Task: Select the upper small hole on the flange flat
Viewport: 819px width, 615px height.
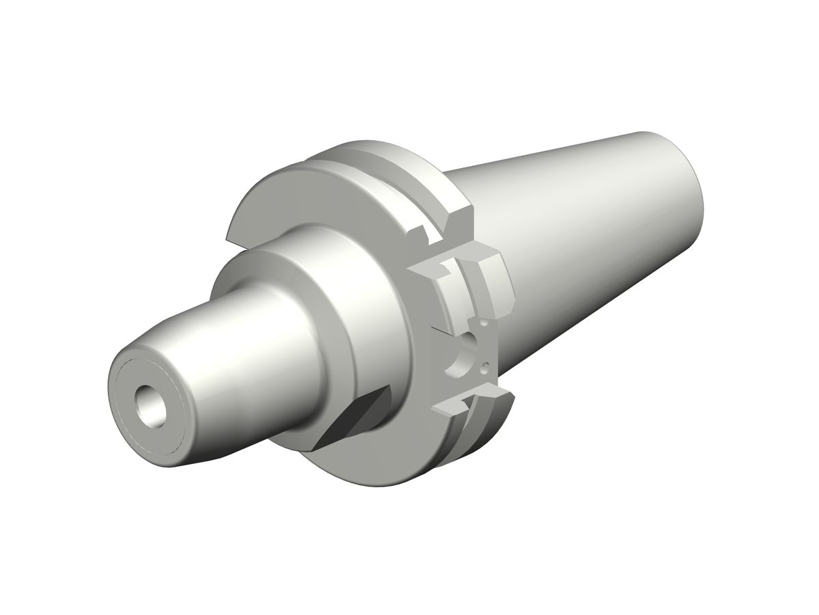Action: (x=483, y=321)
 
